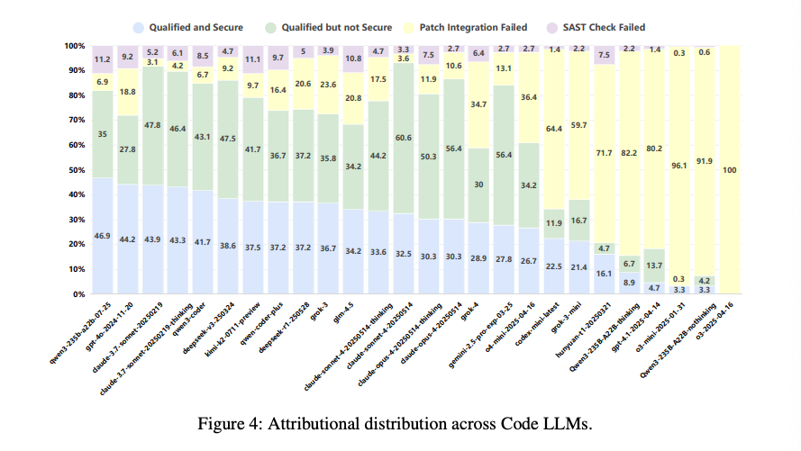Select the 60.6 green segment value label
pyautogui.click(x=404, y=138)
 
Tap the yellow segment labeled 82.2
pyautogui.click(x=629, y=154)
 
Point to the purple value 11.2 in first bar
pyautogui.click(x=103, y=59)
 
